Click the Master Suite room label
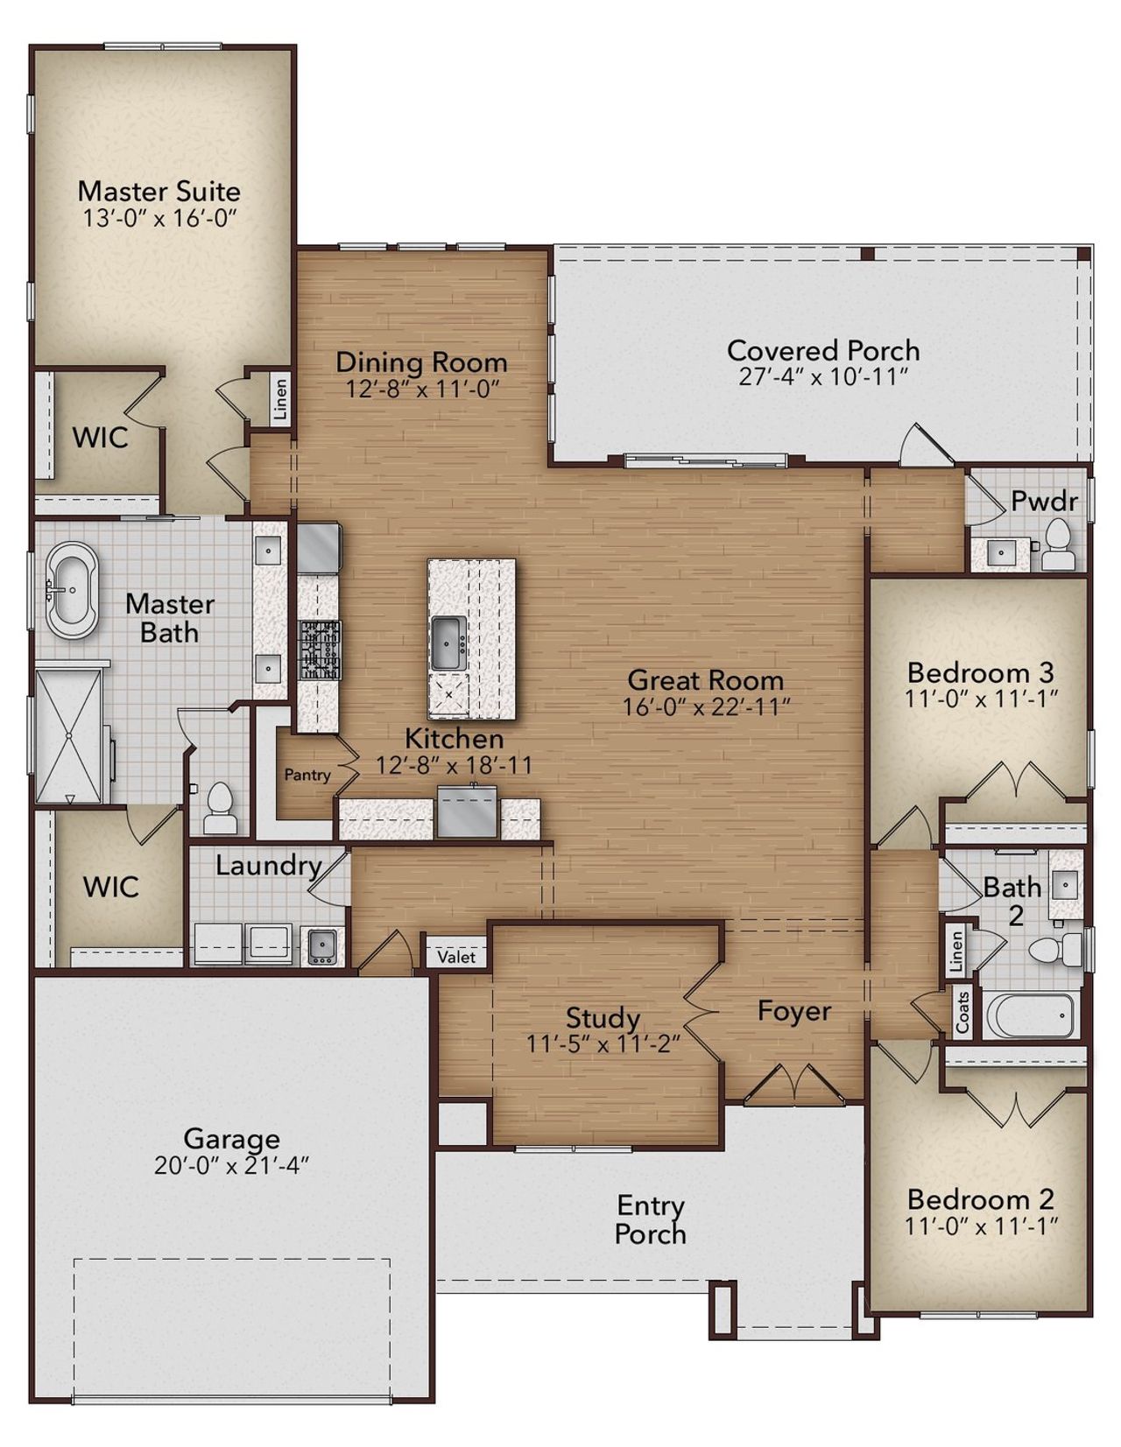pos(159,192)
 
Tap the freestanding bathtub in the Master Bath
pos(72,590)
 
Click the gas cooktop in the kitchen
pos(320,650)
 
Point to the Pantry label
pos(307,775)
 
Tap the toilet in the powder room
pos(1058,545)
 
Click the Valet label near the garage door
pos(456,957)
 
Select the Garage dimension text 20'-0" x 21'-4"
pos(231,1166)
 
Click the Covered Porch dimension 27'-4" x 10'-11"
pos(822,377)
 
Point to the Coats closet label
pos(962,1012)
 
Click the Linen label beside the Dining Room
pos(280,400)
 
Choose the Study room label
pos(603,1018)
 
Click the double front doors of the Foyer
pos(793,1084)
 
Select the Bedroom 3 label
pos(980,673)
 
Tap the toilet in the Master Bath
pos(219,808)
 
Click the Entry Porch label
pos(650,1219)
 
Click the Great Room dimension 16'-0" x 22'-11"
pos(706,706)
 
